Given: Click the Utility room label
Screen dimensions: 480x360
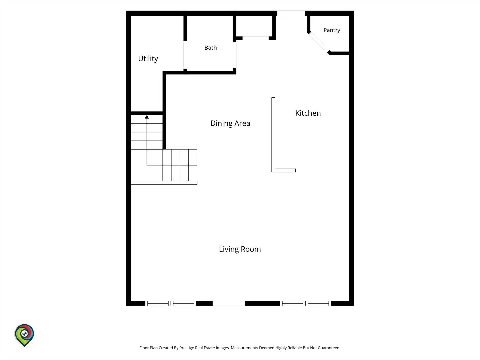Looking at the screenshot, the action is coord(148,59).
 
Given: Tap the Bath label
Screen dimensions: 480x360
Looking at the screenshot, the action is coord(211,48).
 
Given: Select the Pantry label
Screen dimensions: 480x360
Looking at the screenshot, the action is coord(332,30).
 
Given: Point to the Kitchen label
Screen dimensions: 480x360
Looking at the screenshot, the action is coord(308,113).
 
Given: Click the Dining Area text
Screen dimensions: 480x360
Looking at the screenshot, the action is coord(230,123).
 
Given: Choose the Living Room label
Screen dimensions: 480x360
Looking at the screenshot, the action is coord(240,249).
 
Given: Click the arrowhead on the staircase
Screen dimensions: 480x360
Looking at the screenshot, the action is coord(147,117).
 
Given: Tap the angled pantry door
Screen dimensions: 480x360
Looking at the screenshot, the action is coord(319,43).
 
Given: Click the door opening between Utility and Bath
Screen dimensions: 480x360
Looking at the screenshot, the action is coord(185,55).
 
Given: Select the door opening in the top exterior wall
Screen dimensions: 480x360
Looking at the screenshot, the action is coord(291,13).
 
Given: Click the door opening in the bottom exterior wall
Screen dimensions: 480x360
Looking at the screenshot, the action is coord(229,303).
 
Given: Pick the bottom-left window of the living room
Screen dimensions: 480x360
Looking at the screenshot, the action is coord(171,303).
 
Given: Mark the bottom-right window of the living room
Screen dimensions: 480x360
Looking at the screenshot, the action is coord(305,303).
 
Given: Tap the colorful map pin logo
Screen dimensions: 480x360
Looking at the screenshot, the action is coord(24,335).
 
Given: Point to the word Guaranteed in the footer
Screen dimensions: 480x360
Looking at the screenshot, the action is coord(329,348).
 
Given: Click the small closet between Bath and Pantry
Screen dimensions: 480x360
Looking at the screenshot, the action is coord(255,26).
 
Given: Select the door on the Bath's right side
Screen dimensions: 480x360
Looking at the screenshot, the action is coord(234,55).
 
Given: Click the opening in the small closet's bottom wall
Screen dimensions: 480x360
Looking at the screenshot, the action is coord(255,38).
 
